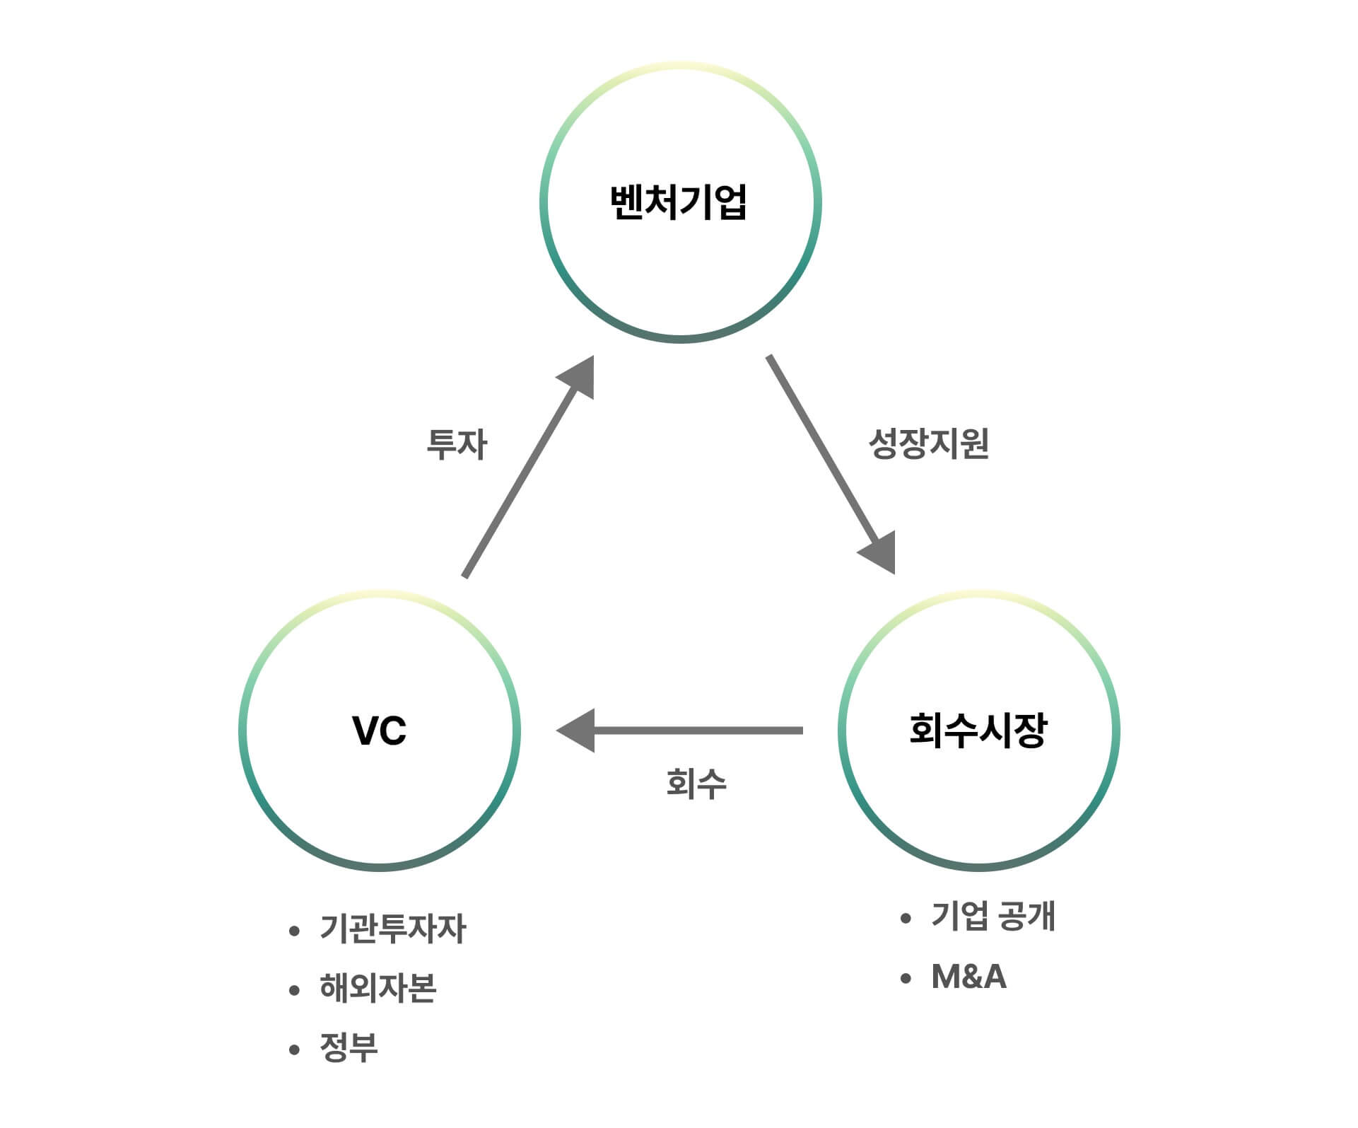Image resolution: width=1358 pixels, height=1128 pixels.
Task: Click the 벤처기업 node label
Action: coord(679,202)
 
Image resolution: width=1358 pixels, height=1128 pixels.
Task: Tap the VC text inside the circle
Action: coord(380,731)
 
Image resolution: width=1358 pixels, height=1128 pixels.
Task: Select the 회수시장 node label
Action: coord(978,731)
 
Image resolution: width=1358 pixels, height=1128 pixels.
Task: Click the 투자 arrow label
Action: coord(457,444)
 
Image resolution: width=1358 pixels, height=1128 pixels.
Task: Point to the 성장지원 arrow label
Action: coord(928,444)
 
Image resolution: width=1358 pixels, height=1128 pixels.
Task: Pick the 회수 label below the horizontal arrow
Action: coord(696,784)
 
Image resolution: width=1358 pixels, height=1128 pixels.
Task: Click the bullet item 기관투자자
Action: coord(393,929)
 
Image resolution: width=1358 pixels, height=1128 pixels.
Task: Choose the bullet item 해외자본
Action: coord(378,988)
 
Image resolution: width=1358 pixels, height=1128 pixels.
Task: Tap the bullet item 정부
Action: coord(349,1047)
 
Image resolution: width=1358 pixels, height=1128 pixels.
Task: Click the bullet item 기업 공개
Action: coord(993,917)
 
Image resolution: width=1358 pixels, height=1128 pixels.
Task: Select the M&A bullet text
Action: coord(969,977)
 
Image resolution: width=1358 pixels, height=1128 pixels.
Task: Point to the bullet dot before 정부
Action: coord(295,1049)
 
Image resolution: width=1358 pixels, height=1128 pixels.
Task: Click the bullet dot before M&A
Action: coord(906,979)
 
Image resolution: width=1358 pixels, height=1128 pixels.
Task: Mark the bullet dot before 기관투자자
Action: coord(295,931)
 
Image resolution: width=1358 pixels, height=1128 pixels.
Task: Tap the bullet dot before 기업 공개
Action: coord(906,919)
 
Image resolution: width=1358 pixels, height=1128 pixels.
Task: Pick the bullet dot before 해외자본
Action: coord(295,990)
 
